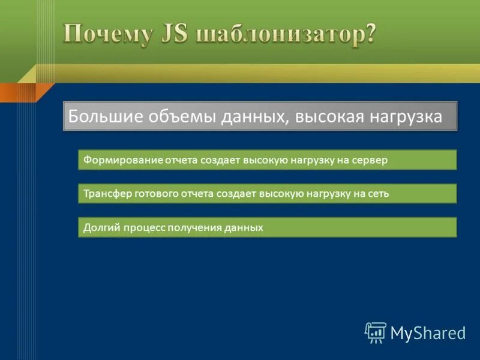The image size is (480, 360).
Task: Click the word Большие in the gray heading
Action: click(98, 116)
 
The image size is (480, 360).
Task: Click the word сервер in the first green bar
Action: click(373, 160)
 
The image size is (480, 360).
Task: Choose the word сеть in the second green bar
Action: click(378, 194)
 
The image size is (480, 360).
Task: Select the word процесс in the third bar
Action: click(142, 228)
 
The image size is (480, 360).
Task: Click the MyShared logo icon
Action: click(376, 332)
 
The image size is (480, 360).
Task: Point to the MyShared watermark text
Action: click(428, 333)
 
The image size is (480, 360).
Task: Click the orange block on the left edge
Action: click(18, 92)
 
